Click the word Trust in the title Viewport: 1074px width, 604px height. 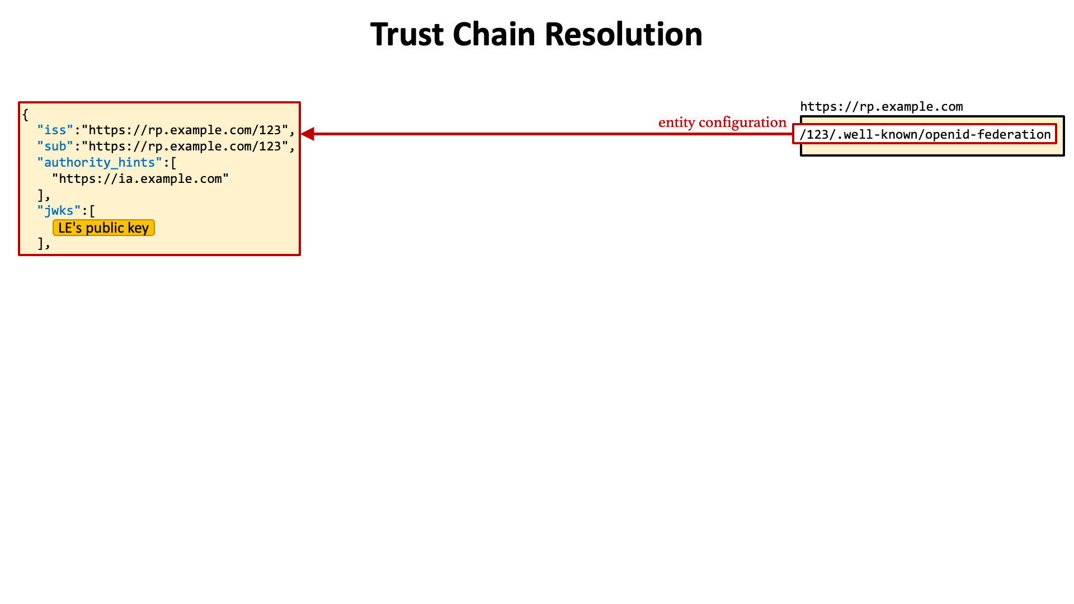click(407, 34)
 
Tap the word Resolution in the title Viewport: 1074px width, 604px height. click(623, 34)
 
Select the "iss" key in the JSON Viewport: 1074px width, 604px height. click(55, 130)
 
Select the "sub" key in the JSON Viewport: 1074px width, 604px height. click(55, 147)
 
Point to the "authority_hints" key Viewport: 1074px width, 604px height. click(100, 163)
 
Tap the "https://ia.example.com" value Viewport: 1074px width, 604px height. click(140, 179)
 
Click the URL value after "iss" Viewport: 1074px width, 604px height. click(185, 130)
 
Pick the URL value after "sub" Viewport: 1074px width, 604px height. click(185, 147)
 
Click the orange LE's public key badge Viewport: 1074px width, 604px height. click(103, 228)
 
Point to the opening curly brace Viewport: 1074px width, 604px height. click(25, 115)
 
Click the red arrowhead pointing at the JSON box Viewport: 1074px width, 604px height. click(308, 134)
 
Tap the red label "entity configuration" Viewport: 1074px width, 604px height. click(722, 122)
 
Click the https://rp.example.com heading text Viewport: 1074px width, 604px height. click(882, 107)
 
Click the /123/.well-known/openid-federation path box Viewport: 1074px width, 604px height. click(925, 134)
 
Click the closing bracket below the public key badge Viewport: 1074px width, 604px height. click(44, 244)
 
